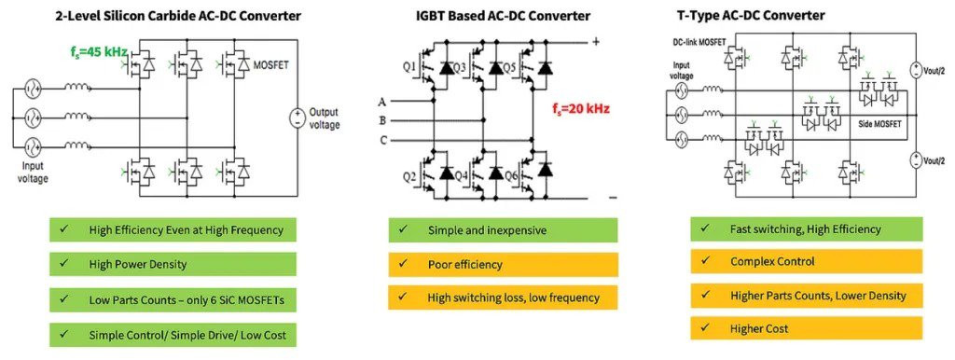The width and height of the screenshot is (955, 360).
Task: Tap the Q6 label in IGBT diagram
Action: pyautogui.click(x=508, y=174)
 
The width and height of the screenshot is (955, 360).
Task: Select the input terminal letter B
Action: pyautogui.click(x=381, y=120)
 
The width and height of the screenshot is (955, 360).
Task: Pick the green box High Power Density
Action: pyautogui.click(x=173, y=264)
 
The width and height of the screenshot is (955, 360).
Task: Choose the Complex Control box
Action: pyautogui.click(x=806, y=262)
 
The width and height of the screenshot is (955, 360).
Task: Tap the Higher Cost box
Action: pyautogui.click(x=806, y=328)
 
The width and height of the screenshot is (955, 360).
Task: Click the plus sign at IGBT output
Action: pyautogui.click(x=594, y=41)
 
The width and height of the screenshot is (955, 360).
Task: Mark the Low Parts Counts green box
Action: pyautogui.click(x=173, y=298)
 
